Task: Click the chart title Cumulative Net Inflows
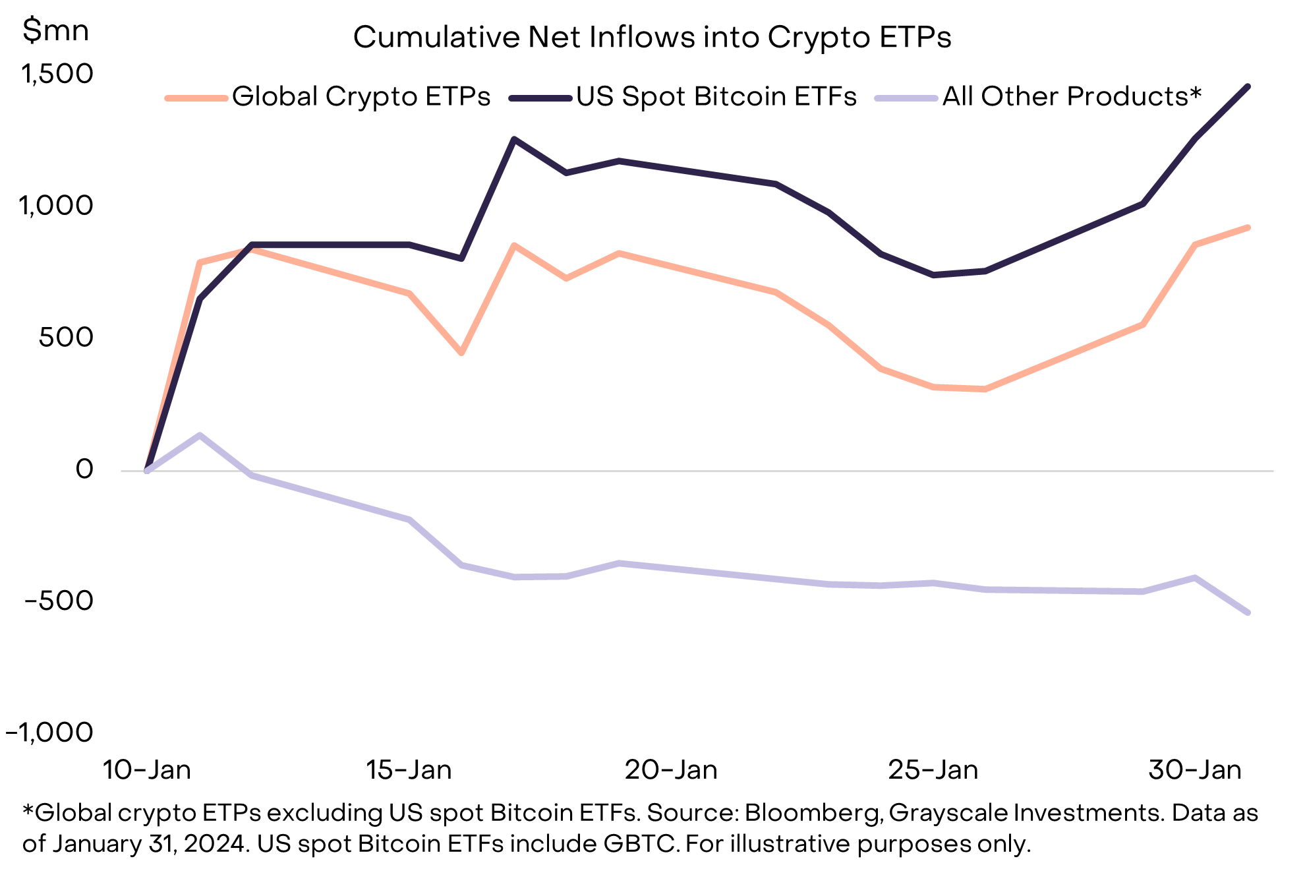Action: click(652, 38)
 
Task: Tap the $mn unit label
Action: click(55, 31)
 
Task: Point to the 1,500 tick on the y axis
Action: click(57, 74)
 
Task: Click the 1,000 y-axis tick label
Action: click(57, 206)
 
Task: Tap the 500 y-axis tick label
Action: click(66, 338)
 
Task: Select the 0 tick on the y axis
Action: click(84, 469)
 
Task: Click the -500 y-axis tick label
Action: click(59, 601)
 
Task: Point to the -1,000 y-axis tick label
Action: click(49, 732)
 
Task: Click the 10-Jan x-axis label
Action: click(146, 770)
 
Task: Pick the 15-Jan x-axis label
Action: click(409, 770)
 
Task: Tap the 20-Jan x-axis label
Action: click(671, 770)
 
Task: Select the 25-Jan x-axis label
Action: click(933, 770)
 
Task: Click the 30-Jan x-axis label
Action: click(1195, 770)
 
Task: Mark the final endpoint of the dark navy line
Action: click(1248, 86)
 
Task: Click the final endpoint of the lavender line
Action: click(1248, 613)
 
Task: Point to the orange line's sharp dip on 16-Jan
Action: click(461, 353)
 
